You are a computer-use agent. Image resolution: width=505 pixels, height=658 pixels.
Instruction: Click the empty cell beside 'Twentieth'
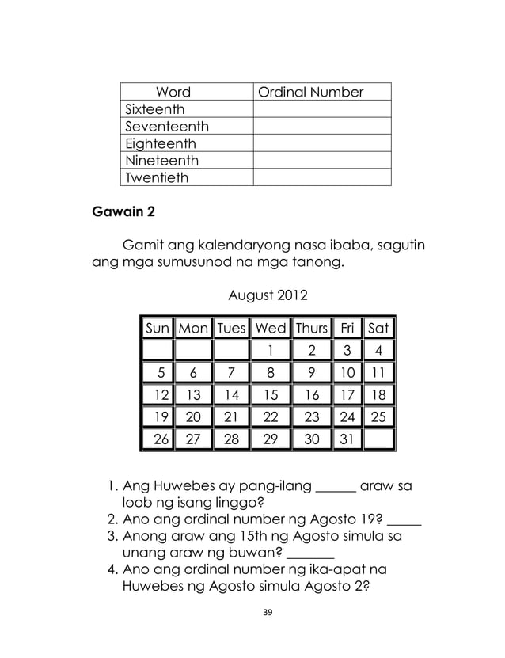pos(321,177)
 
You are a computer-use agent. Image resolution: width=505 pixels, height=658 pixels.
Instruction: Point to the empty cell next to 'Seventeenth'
pos(321,127)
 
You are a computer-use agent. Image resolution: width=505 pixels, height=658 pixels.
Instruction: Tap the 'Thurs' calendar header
pos(312,328)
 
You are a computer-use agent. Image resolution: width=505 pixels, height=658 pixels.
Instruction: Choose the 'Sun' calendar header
pos(157,328)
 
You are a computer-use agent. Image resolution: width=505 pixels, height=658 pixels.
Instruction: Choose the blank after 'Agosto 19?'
pos(404,523)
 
